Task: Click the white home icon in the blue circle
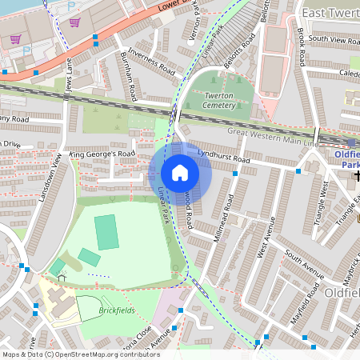pyautogui.click(x=179, y=173)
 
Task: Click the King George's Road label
pyautogui.click(x=102, y=153)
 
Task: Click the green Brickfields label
pyautogui.click(x=116, y=310)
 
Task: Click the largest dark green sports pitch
pyautogui.click(x=106, y=231)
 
